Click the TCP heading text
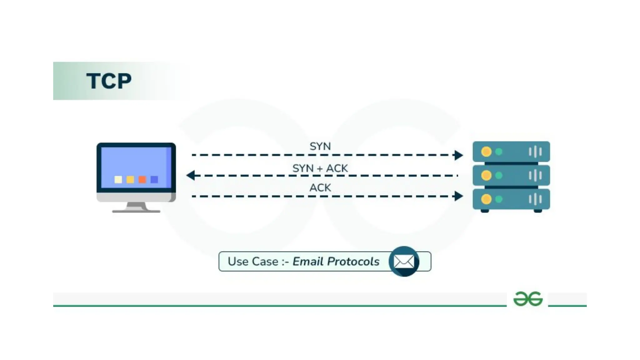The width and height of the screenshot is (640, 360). point(109,81)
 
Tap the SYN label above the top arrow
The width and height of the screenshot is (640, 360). point(320,146)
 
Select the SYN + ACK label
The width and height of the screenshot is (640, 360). point(320,168)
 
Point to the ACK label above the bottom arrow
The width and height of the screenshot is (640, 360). point(320,187)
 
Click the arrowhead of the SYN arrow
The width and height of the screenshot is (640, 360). point(458,155)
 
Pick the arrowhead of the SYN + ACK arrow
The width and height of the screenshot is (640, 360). point(191,175)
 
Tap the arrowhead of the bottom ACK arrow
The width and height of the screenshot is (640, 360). point(458,196)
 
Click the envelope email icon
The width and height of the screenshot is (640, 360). point(404,262)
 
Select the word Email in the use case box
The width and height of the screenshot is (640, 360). point(308,262)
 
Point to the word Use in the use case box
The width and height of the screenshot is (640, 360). point(238,262)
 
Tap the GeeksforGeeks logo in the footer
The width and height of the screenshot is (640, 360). point(528,299)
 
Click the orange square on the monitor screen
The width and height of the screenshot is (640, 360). point(142,179)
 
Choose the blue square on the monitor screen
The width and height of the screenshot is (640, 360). point(154,179)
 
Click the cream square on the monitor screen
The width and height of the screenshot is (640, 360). point(118,179)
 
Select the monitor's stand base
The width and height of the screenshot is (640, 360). point(136,211)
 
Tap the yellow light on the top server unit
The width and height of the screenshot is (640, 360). point(486,152)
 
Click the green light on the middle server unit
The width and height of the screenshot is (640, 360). point(499,175)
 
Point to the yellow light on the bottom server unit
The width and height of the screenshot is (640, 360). point(486,199)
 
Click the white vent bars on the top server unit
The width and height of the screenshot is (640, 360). point(535,152)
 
